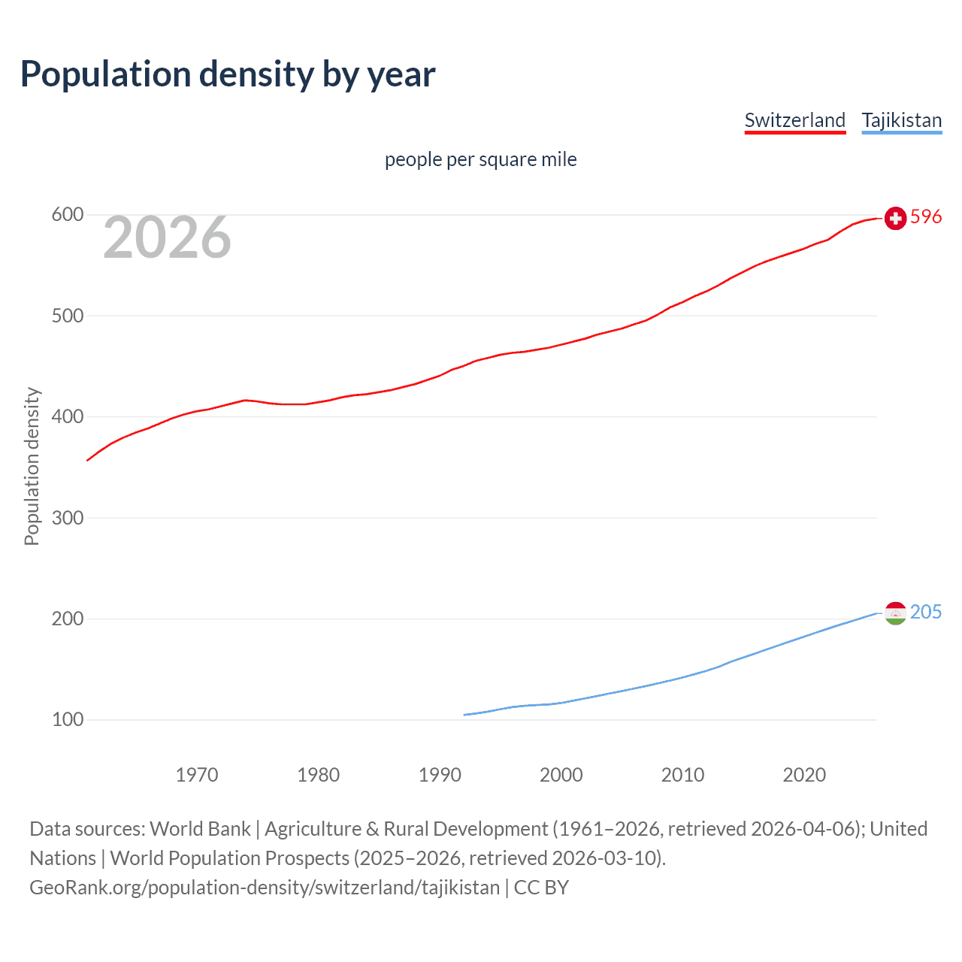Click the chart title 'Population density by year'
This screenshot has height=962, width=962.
[228, 74]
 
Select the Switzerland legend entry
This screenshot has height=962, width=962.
[794, 120]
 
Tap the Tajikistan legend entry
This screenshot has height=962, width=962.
[901, 120]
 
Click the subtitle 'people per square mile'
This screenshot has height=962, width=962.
[480, 159]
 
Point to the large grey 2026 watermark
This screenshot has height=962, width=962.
[167, 237]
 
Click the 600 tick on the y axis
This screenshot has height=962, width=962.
[67, 215]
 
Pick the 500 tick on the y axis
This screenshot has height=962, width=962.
[67, 316]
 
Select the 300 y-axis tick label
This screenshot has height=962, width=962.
[67, 518]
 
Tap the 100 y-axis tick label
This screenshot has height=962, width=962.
[67, 720]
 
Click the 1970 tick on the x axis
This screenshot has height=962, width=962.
[197, 775]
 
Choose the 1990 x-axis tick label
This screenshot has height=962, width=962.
[440, 775]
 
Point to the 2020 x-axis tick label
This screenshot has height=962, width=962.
[804, 775]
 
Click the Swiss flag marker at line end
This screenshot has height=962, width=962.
[895, 218]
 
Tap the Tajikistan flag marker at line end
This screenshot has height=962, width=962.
[895, 613]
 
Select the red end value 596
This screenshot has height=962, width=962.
[926, 217]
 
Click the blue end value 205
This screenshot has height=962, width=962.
[926, 613]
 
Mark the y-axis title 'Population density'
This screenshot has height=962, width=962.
[32, 466]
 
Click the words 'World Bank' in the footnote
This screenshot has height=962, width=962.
[200, 829]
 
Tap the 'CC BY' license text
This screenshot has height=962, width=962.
[541, 888]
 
